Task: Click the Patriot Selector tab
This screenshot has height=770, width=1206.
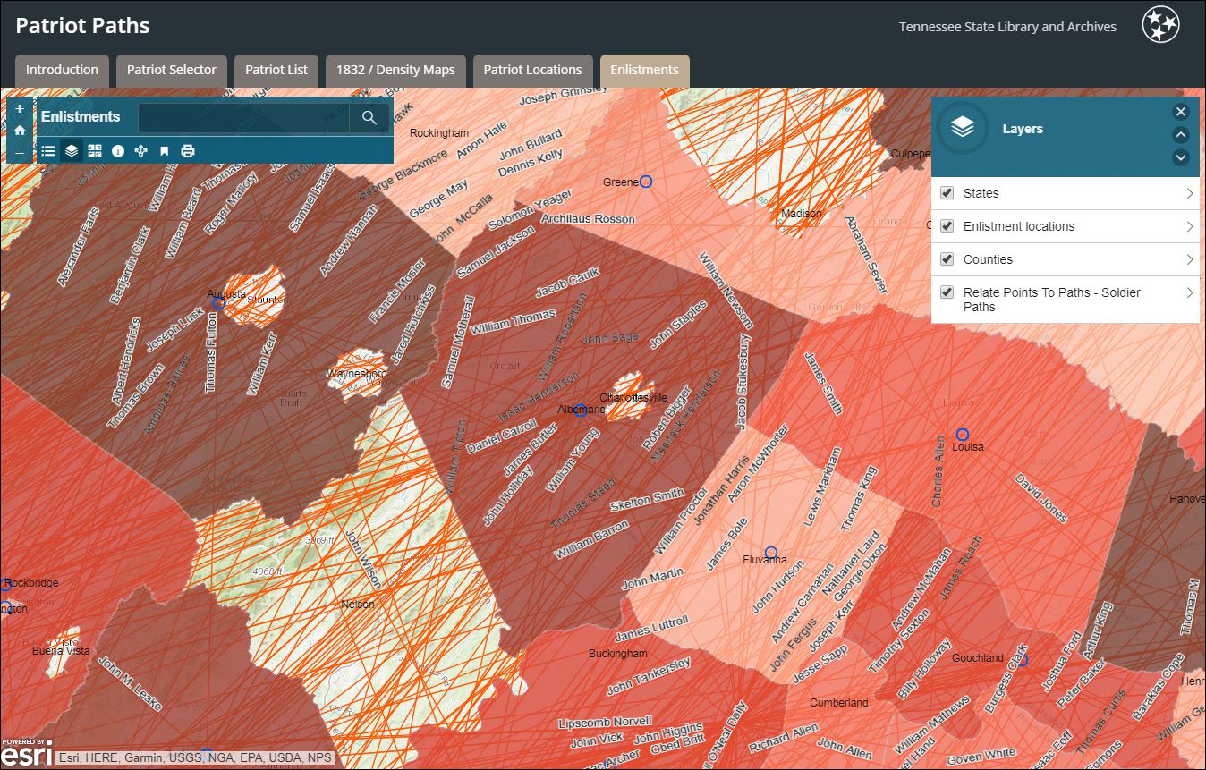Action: (x=172, y=70)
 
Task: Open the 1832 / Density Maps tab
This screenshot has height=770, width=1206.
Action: (x=395, y=70)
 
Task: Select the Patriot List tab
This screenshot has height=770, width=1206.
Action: (x=276, y=70)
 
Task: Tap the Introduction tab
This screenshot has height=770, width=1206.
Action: (x=62, y=70)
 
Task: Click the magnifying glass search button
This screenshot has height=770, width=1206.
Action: (x=369, y=117)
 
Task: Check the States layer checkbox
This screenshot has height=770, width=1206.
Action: (x=947, y=193)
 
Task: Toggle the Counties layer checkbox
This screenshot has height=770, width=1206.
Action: (x=947, y=259)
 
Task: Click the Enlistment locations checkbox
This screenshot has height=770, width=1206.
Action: (x=947, y=226)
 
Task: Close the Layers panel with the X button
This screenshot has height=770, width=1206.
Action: (x=1181, y=112)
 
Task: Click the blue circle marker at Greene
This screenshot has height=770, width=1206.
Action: (x=646, y=182)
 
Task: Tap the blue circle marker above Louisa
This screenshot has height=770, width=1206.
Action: (x=963, y=435)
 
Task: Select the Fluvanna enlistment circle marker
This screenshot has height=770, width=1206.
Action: (x=771, y=553)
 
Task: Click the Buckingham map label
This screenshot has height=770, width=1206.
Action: (x=617, y=654)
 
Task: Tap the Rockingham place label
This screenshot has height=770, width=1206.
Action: (x=439, y=133)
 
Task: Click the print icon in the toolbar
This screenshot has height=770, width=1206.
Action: (x=188, y=151)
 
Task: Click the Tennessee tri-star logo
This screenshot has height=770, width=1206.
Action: (x=1160, y=25)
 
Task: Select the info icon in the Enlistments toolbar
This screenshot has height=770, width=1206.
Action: (x=118, y=151)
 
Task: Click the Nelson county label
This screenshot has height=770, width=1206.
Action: (x=358, y=605)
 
